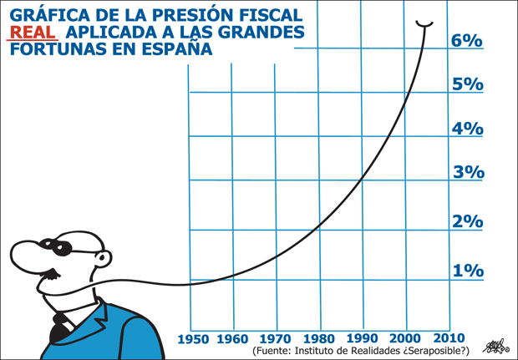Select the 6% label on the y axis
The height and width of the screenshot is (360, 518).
click(x=466, y=40)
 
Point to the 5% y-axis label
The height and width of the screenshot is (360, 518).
click(x=467, y=84)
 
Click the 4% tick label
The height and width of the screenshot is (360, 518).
click(x=467, y=129)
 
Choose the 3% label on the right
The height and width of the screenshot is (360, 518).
click(x=467, y=173)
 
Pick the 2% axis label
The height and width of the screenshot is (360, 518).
click(x=467, y=222)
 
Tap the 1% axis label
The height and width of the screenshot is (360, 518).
click(x=467, y=271)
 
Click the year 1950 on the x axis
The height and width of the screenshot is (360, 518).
click(x=193, y=338)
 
